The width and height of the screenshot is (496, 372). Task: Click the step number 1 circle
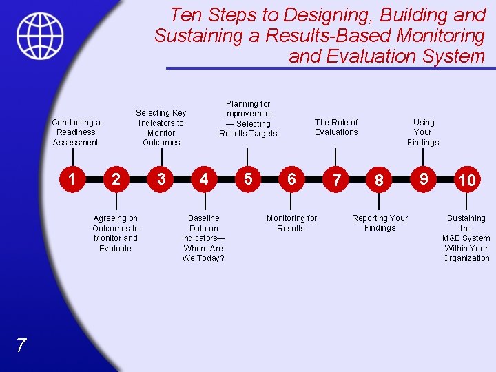click(72, 179)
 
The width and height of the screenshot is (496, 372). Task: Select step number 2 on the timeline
click(116, 180)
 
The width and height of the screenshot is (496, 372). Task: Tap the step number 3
click(161, 179)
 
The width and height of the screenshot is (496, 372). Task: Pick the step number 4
click(203, 179)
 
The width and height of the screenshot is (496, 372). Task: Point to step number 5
click(248, 179)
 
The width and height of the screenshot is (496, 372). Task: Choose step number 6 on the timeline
click(291, 179)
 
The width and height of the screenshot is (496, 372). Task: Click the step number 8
click(379, 180)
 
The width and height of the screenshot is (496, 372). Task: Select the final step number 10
click(466, 180)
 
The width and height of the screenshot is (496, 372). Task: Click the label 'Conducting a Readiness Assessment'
click(76, 132)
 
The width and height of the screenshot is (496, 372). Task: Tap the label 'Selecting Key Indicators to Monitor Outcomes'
click(161, 127)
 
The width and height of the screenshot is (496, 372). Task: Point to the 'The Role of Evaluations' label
click(336, 127)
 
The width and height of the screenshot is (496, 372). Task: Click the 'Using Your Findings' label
click(423, 132)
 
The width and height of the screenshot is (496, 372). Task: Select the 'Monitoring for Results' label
click(291, 223)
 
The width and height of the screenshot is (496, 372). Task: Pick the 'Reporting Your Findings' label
click(380, 223)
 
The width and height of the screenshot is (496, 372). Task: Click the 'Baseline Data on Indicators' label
click(203, 238)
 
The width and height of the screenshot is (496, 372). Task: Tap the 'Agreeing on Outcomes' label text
click(116, 233)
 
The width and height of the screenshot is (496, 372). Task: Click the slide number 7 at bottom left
click(21, 346)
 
